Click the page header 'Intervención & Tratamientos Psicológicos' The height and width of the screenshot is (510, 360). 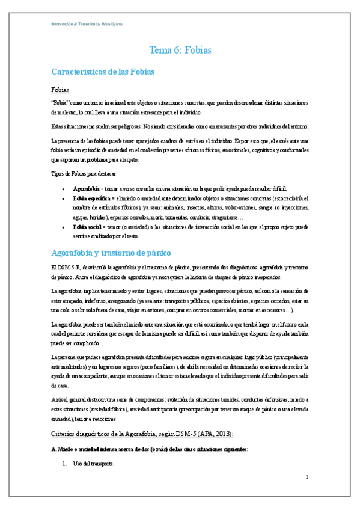click(87, 24)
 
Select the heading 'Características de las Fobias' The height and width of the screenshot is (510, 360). click(103, 72)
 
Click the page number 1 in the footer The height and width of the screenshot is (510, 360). click(307, 476)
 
